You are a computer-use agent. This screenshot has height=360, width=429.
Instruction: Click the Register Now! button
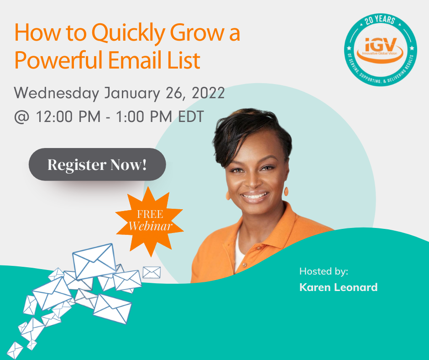[x=97, y=164]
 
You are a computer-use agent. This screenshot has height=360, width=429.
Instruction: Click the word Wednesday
[x=57, y=93]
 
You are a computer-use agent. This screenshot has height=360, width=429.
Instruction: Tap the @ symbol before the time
[x=21, y=116]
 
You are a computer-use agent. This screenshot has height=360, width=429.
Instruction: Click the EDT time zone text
[x=191, y=116]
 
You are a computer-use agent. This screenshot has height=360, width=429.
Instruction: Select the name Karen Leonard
[x=339, y=287]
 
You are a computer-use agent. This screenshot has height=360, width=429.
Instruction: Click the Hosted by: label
[x=324, y=271]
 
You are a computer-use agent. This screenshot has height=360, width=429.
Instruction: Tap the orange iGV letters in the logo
[x=381, y=44]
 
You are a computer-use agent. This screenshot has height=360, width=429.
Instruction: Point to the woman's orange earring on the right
[x=286, y=191]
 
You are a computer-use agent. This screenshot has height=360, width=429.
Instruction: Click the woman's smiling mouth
[x=255, y=196]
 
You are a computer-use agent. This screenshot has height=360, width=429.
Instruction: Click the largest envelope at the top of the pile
[x=94, y=261]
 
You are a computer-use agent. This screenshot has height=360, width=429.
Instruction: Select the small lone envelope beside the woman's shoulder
[x=152, y=272]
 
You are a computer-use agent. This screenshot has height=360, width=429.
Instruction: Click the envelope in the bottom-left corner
[x=15, y=350]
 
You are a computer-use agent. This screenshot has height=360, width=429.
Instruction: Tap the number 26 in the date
[x=175, y=93]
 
